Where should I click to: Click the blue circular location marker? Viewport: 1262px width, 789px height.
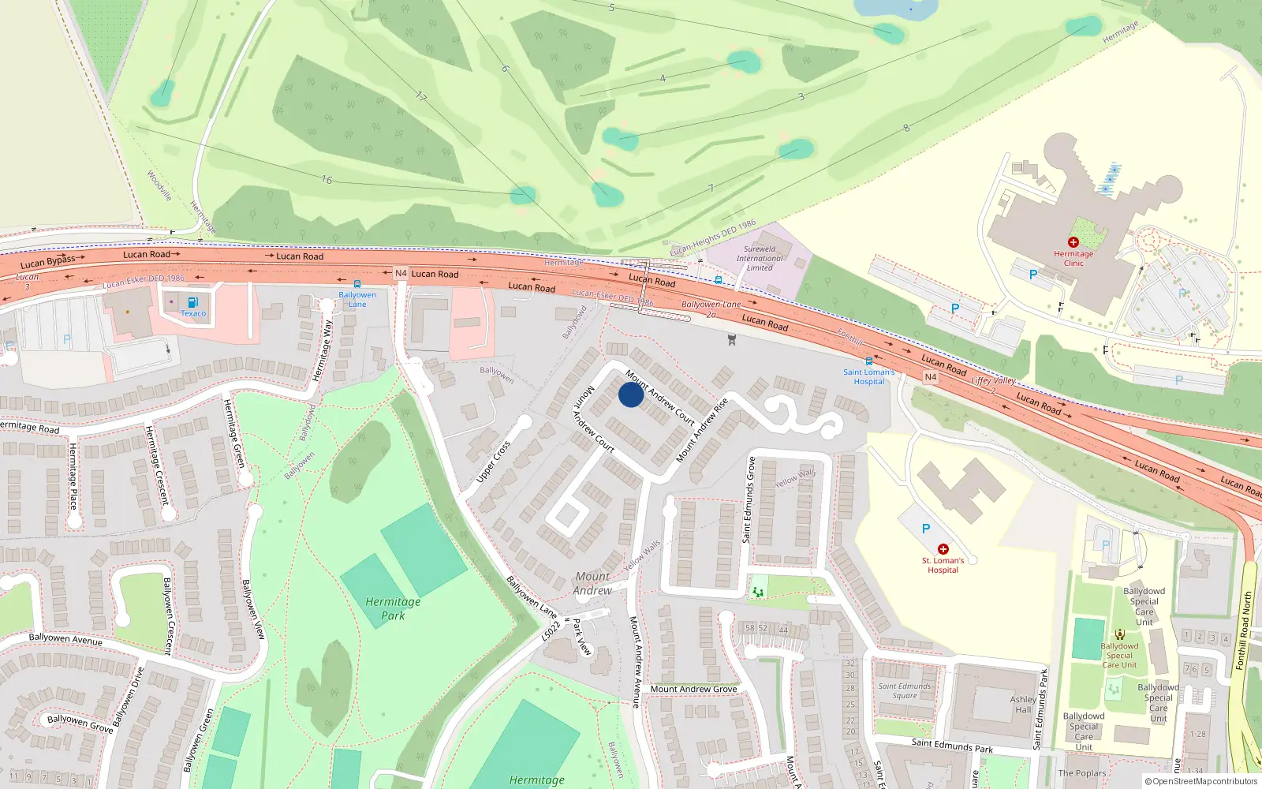point(631,394)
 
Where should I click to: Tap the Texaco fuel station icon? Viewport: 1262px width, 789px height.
point(192,302)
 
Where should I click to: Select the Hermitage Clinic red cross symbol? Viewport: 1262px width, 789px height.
point(1073,242)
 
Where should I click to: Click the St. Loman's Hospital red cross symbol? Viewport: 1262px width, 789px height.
point(943,549)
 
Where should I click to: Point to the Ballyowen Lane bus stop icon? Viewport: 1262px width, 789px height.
point(357,284)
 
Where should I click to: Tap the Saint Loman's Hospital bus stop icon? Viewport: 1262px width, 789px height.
point(869,361)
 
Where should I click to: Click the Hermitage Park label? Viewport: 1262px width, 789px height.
point(393,608)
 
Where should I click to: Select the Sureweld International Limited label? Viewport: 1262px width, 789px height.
point(760,258)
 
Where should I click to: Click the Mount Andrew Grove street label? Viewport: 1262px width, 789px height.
point(693,689)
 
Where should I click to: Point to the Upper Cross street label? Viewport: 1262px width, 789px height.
point(494,462)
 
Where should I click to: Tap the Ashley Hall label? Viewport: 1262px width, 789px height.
point(1023,705)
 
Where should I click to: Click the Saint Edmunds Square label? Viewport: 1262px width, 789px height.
point(905,691)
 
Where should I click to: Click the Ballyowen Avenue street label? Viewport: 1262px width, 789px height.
point(65,639)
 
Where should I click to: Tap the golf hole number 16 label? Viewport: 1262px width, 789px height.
point(327,180)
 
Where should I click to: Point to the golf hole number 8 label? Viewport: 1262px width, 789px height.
point(906,128)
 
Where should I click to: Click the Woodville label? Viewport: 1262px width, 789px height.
point(159,185)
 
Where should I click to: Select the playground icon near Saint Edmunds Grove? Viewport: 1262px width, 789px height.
point(758,591)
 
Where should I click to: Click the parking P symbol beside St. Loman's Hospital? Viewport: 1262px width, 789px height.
point(926,529)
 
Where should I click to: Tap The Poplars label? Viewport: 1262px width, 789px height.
point(1082,773)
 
